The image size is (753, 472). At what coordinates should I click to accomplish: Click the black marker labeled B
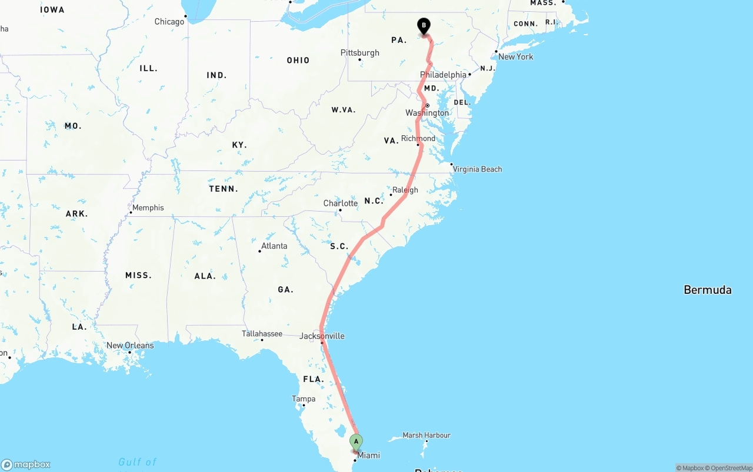coord(424,26)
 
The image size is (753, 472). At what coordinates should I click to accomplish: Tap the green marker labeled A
coord(356,441)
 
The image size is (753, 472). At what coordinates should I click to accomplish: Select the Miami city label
coord(369,456)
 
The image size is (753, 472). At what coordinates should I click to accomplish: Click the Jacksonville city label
coord(322,336)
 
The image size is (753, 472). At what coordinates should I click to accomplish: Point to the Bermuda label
coord(707,290)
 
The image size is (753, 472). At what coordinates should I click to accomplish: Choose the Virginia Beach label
coord(477,169)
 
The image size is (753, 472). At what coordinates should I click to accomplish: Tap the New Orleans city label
coord(130,346)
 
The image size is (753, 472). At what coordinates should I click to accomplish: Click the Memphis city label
coord(148,208)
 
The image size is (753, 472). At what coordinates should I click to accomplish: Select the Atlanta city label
coord(274,246)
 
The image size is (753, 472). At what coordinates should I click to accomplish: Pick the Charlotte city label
coord(340,204)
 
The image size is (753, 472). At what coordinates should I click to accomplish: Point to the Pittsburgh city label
coord(360,53)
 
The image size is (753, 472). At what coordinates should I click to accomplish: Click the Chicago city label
coord(169,22)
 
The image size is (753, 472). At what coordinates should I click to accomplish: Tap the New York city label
coord(515,57)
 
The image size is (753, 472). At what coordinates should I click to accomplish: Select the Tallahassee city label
coord(262,334)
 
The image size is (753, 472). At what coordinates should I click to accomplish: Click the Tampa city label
coord(304,399)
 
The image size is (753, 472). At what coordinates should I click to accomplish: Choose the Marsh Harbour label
coord(427,436)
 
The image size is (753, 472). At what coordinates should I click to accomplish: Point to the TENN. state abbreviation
coord(224,189)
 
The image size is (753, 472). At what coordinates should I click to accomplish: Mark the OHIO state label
coord(298,61)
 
